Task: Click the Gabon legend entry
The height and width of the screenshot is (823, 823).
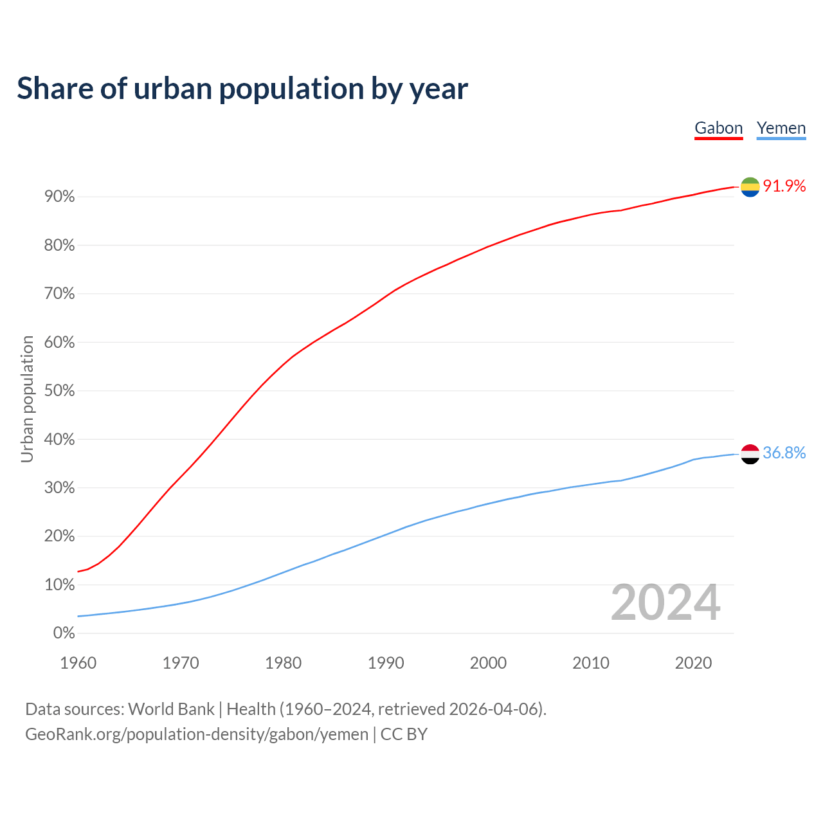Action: [718, 128]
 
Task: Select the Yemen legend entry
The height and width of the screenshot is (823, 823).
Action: [781, 128]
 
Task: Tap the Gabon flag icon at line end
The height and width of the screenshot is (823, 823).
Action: [750, 186]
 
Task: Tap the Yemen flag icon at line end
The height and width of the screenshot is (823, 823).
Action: [750, 454]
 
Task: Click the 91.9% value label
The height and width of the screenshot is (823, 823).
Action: [784, 186]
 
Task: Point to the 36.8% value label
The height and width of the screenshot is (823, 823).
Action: [784, 453]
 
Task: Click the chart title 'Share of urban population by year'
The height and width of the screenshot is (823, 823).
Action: [242, 89]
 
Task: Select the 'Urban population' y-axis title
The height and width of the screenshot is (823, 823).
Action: [27, 399]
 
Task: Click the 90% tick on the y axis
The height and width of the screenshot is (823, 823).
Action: [60, 197]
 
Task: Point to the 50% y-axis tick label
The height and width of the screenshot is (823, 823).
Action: [60, 391]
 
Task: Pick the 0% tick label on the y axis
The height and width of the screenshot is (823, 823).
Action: [64, 633]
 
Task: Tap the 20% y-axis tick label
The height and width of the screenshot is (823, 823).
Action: [60, 536]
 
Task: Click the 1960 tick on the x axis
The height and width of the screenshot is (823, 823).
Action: [78, 663]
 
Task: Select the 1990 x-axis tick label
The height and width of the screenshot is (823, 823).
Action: [386, 663]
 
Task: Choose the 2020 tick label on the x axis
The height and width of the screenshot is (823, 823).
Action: [693, 663]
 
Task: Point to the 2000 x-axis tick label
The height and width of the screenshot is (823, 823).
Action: [488, 663]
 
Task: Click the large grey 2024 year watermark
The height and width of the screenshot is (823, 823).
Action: [665, 602]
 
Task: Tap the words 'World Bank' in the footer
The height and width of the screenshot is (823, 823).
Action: [171, 709]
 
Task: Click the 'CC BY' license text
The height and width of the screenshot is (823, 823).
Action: [404, 734]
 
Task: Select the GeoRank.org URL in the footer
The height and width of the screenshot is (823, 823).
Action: [197, 734]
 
